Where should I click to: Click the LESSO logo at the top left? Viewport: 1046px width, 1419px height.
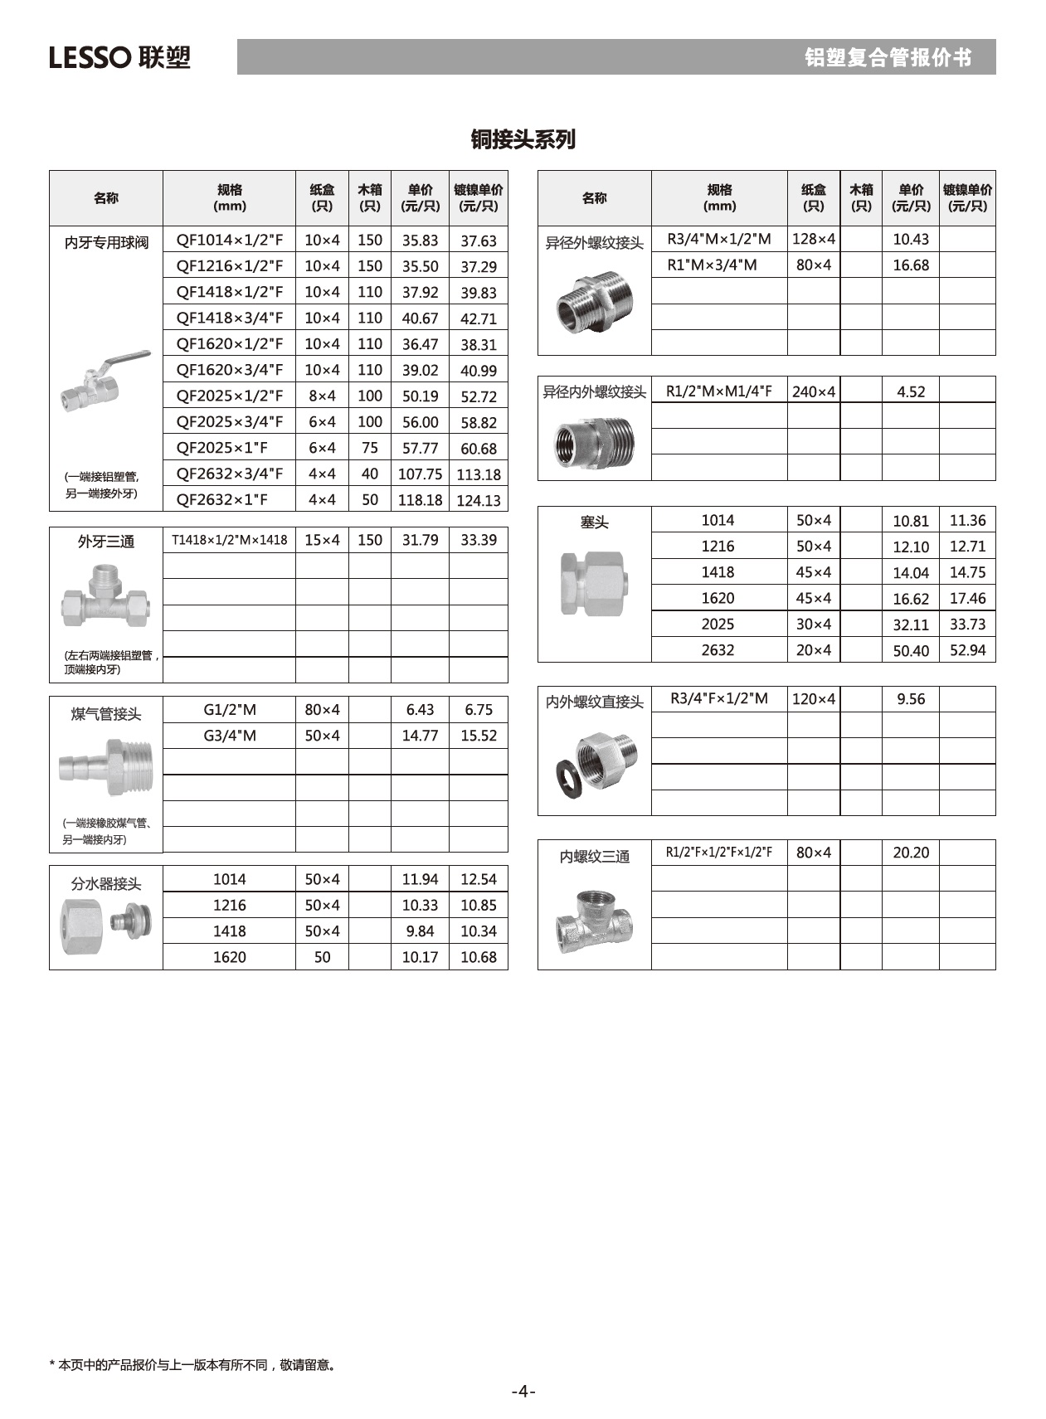pyautogui.click(x=119, y=57)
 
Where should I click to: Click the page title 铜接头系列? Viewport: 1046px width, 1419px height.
pyautogui.click(x=523, y=139)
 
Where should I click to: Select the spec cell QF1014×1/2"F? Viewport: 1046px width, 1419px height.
pyautogui.click(x=229, y=241)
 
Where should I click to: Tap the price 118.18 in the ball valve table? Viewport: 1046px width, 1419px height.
pyautogui.click(x=420, y=500)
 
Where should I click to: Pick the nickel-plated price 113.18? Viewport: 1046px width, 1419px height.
pyautogui.click(x=479, y=474)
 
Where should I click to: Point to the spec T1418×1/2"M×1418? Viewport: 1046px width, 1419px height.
pyautogui.click(x=229, y=540)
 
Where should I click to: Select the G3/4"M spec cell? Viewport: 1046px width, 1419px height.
pyautogui.click(x=229, y=736)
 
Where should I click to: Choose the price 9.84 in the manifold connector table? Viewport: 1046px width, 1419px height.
pyautogui.click(x=420, y=931)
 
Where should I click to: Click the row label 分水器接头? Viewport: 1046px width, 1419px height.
pyautogui.click(x=106, y=884)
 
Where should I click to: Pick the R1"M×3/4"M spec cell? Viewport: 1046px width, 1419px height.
pyautogui.click(x=712, y=265)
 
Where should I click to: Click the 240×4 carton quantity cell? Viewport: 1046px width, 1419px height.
pyautogui.click(x=813, y=391)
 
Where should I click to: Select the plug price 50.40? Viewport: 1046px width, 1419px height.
pyautogui.click(x=910, y=651)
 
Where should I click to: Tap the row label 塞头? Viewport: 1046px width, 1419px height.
pyautogui.click(x=594, y=522)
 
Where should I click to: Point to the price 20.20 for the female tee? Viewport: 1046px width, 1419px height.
pyautogui.click(x=910, y=853)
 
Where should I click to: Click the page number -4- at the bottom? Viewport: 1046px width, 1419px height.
pyautogui.click(x=523, y=1391)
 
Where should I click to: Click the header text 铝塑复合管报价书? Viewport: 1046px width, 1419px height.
pyautogui.click(x=888, y=57)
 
